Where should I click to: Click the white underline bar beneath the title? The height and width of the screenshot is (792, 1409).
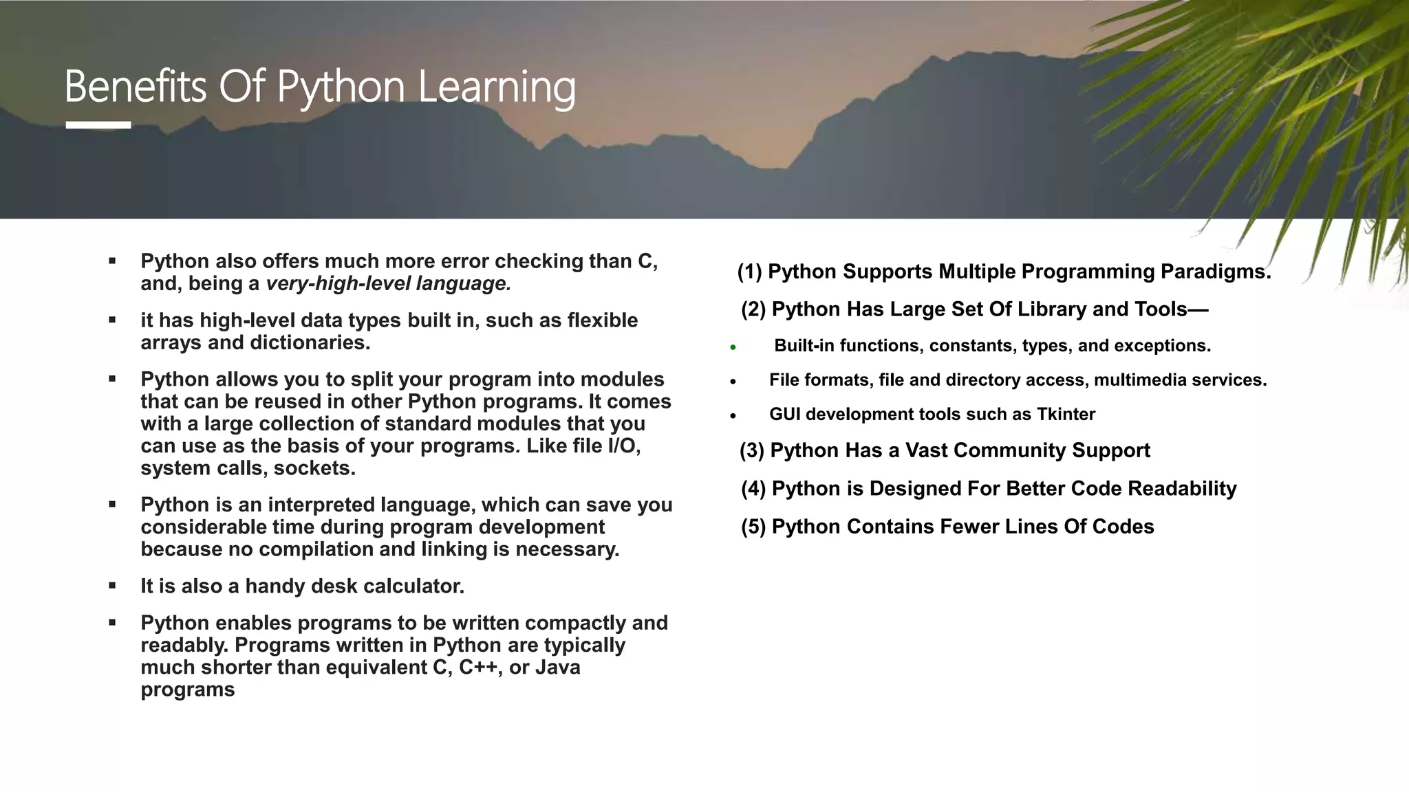click(x=98, y=125)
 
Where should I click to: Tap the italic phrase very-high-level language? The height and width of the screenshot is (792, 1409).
click(x=388, y=284)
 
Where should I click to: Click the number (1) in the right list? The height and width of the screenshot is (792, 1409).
click(x=749, y=272)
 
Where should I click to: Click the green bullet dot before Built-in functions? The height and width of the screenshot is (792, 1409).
click(x=733, y=347)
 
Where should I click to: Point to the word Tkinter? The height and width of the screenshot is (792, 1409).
click(x=1066, y=415)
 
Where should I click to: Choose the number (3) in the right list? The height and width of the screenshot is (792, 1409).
click(x=751, y=451)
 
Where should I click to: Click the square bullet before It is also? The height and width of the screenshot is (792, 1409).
click(x=112, y=586)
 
